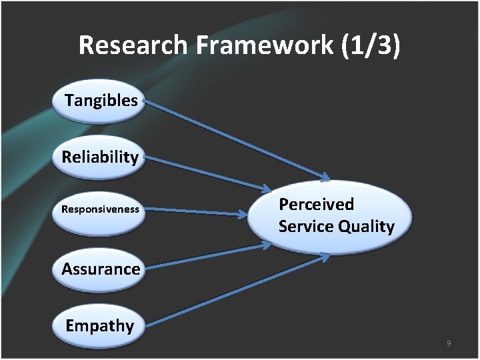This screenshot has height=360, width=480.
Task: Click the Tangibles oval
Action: [100, 101]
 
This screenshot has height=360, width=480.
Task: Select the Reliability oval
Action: [100, 157]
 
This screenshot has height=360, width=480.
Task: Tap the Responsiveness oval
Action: [100, 210]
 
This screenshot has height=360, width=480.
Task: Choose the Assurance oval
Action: [100, 269]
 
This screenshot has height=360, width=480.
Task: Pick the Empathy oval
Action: [100, 326]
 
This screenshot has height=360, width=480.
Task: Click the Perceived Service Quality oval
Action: [330, 215]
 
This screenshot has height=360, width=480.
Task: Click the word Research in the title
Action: [133, 45]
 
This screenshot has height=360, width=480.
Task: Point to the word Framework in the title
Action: [267, 45]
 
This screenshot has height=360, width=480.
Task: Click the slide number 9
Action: [449, 343]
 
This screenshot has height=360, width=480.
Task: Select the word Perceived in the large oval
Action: [316, 204]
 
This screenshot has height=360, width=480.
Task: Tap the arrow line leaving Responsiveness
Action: [193, 211]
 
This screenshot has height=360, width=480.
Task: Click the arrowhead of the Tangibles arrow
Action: [324, 177]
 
